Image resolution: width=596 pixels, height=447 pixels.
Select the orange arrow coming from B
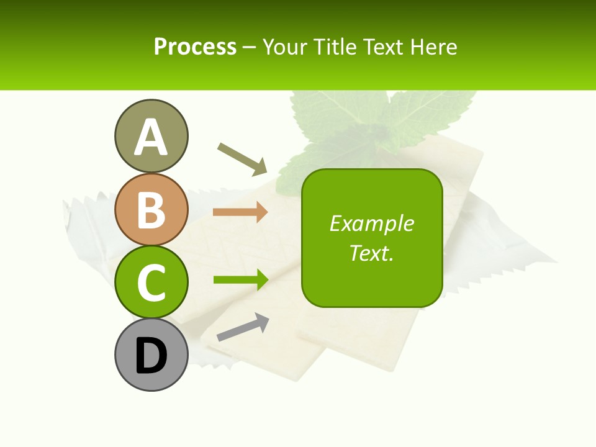tap(240, 212)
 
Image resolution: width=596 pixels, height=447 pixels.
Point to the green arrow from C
tap(240, 280)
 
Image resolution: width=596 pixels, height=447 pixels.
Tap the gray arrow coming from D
tap(243, 327)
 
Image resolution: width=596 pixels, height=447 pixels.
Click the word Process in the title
tap(195, 47)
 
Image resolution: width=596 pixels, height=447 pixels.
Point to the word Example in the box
tap(371, 223)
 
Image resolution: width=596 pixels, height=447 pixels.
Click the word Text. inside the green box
tap(371, 253)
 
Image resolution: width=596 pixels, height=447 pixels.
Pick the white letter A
tap(151, 137)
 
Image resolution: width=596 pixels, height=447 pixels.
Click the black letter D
tap(151, 356)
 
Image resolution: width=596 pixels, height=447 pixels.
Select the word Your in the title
tap(286, 47)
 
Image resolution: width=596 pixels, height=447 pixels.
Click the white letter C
tap(151, 282)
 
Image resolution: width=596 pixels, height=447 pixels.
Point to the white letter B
tap(151, 210)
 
